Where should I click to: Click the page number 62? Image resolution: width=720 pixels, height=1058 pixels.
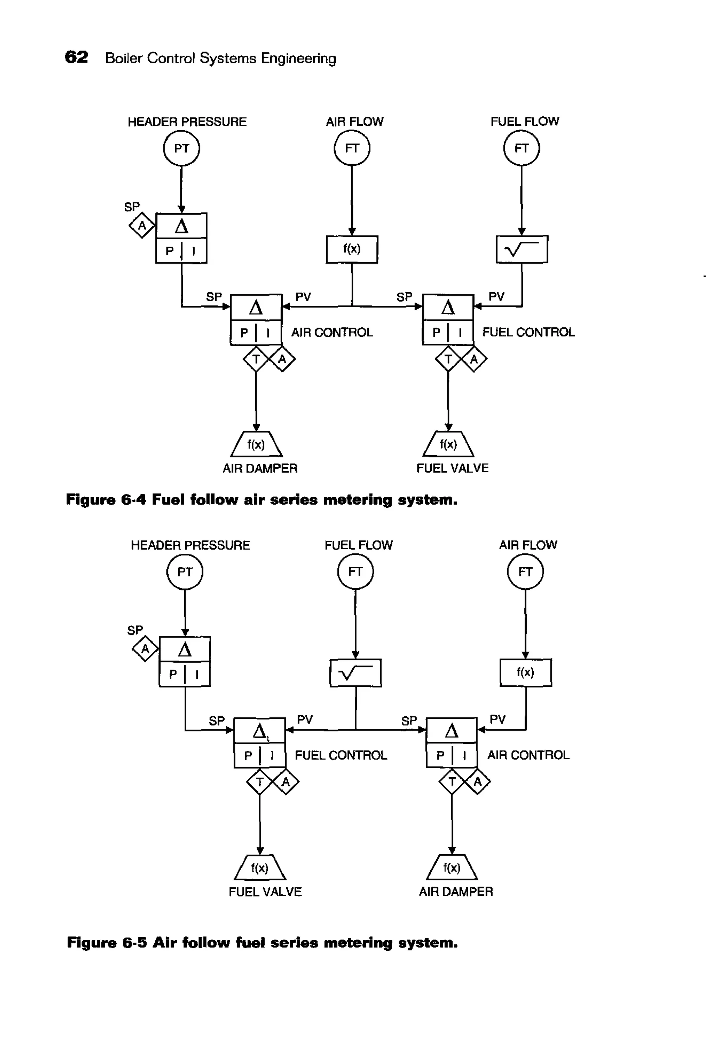[76, 57]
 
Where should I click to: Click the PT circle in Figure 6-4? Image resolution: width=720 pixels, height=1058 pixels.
[181, 148]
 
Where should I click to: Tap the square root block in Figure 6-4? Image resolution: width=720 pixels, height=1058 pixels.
[521, 249]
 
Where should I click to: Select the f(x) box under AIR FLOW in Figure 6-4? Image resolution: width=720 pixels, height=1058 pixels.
[352, 249]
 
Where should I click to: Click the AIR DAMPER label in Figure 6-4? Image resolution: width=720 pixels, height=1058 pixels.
[260, 468]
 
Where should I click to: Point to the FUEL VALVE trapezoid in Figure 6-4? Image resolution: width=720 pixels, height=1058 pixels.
[448, 445]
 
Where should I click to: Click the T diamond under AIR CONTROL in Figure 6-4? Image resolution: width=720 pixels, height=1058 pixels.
[256, 359]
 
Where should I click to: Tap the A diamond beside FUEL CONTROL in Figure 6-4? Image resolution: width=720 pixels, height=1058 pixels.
[474, 359]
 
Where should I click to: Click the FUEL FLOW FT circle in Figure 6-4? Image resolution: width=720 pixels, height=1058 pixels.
[521, 148]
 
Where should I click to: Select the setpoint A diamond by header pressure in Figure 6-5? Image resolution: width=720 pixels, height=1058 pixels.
[145, 649]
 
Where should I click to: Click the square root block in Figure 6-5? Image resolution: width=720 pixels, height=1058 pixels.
[355, 673]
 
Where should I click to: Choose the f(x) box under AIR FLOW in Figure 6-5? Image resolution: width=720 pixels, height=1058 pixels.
[525, 672]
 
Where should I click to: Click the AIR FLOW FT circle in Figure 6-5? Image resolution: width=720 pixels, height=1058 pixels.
[525, 572]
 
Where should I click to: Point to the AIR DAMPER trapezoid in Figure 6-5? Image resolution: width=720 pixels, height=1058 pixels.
[452, 868]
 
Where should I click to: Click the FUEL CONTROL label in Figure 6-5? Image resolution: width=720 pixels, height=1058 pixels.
[341, 755]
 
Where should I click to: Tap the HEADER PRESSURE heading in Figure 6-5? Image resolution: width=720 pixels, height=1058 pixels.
[190, 545]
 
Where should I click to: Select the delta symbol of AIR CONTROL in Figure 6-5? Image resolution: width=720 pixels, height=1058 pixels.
[451, 731]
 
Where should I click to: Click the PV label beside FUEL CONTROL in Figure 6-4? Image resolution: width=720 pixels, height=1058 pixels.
[496, 297]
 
